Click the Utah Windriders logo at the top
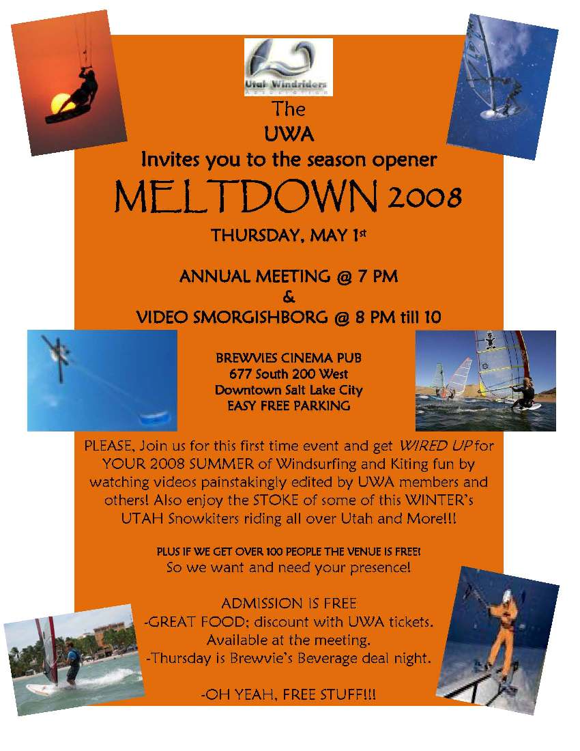(x=288, y=66)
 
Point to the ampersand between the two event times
(x=288, y=297)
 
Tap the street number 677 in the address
(x=241, y=374)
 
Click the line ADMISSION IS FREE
(x=289, y=604)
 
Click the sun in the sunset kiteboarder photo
(x=61, y=102)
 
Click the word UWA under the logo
(x=289, y=134)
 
